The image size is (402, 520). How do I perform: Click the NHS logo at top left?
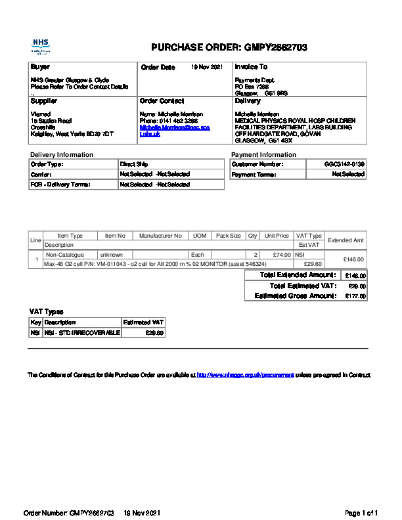point(41,46)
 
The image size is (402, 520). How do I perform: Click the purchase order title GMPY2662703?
point(229,47)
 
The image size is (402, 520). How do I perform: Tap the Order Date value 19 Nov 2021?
point(207,67)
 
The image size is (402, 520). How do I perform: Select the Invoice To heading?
point(251,67)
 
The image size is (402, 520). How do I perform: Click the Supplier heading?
point(44,101)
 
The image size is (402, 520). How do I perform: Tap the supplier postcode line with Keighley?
point(72,134)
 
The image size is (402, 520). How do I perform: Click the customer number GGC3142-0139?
point(344,164)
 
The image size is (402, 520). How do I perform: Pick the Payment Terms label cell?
point(254,175)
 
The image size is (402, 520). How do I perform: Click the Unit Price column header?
point(277,236)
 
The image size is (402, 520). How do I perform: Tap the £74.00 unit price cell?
point(281,254)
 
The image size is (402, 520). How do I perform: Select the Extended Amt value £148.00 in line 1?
point(351,259)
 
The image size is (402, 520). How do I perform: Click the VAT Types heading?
point(47,312)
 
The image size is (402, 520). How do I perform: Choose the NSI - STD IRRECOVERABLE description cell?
point(82,333)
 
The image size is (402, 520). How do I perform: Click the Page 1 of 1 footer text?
point(361,512)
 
